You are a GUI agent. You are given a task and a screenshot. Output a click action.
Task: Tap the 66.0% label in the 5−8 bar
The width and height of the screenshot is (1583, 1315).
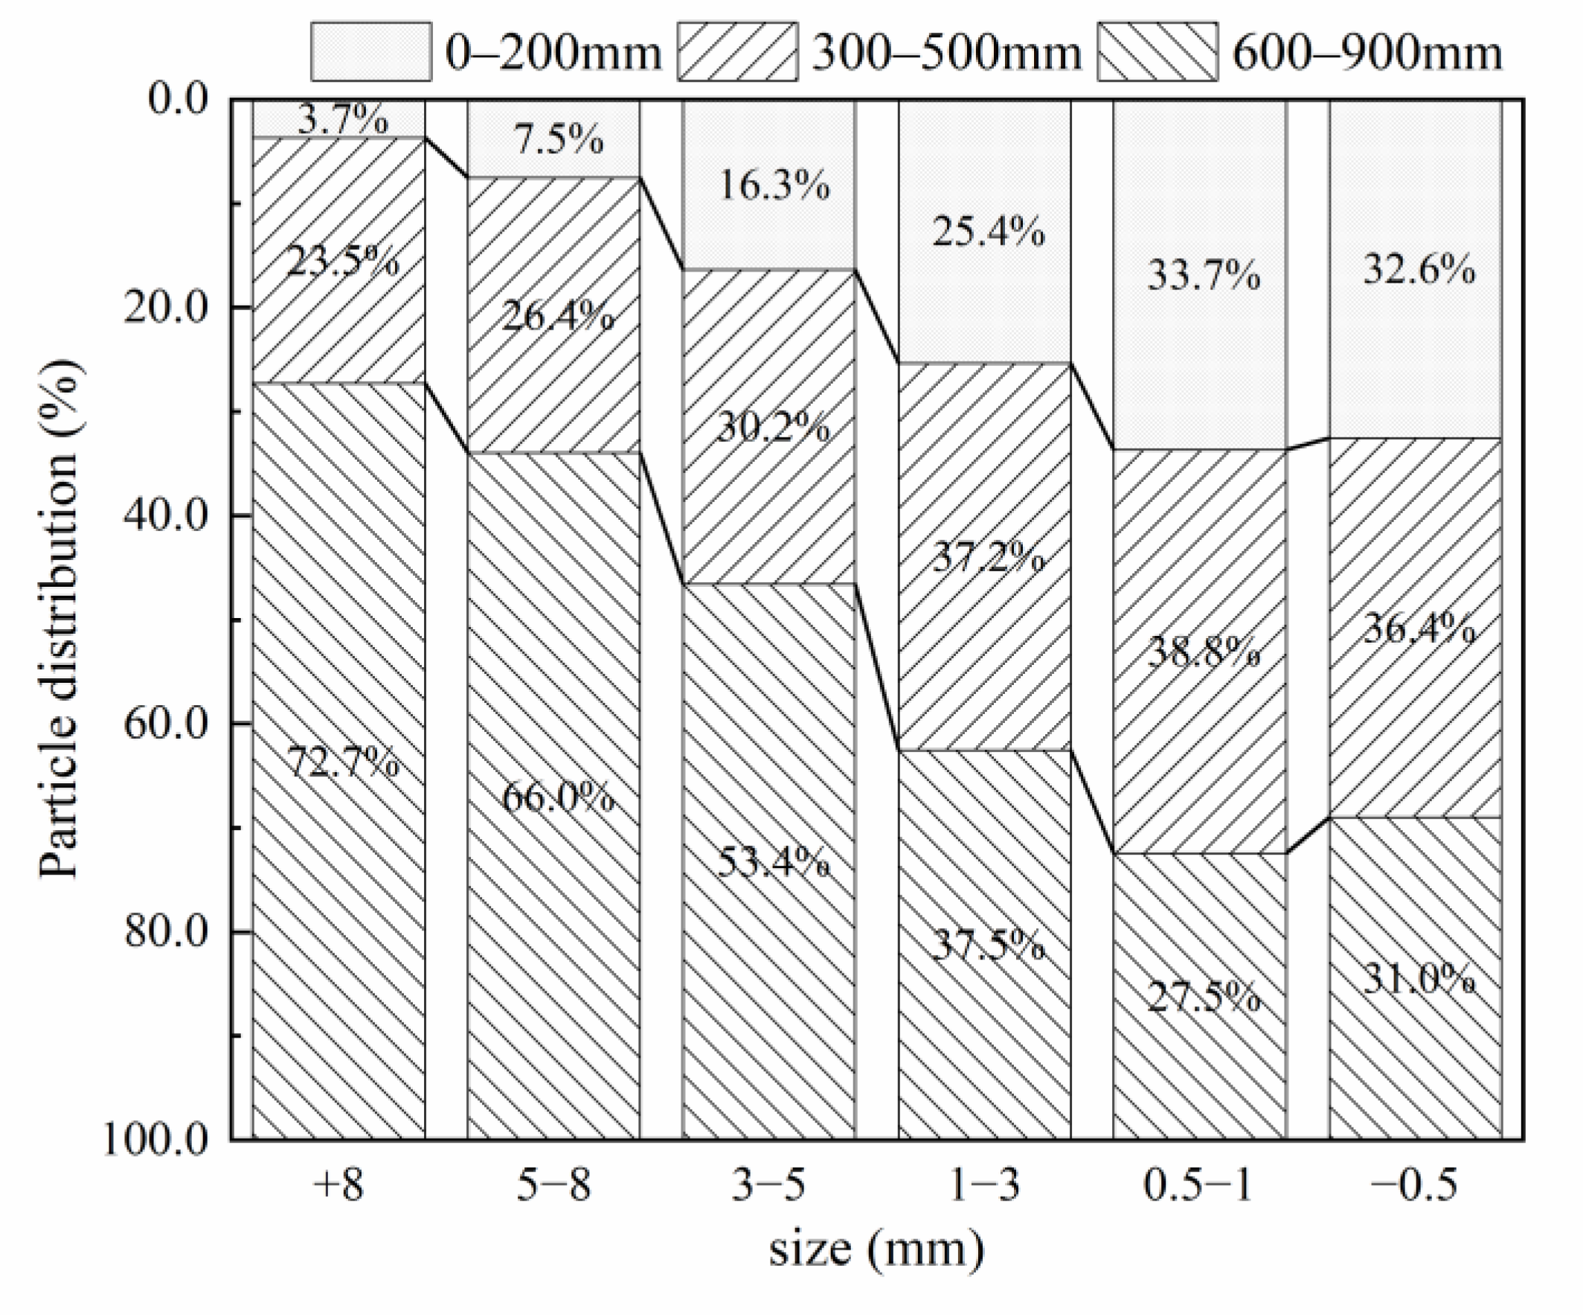[x=558, y=797]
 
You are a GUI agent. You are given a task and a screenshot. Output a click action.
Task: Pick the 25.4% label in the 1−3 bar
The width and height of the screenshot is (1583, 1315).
[x=988, y=231]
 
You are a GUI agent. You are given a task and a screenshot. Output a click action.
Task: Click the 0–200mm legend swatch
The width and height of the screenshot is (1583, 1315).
[x=371, y=51]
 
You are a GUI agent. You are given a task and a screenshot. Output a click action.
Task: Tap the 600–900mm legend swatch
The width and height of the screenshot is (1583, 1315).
[x=1157, y=51]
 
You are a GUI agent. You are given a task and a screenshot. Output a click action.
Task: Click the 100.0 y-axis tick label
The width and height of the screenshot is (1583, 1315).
[x=155, y=1140]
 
